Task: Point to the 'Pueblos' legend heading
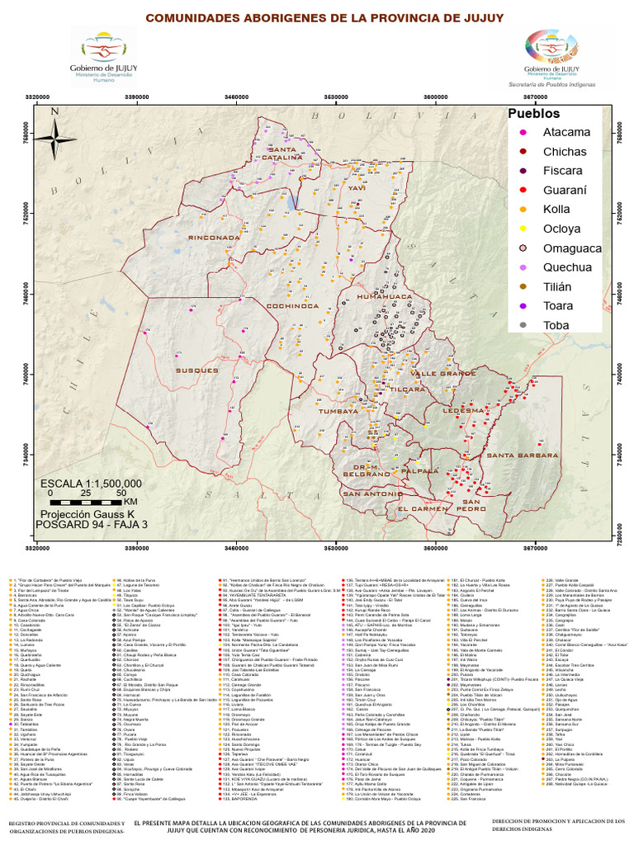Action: pos(533,113)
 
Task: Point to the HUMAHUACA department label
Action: pos(383,295)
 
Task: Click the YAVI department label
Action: pos(356,188)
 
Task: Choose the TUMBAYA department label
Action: pos(338,409)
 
